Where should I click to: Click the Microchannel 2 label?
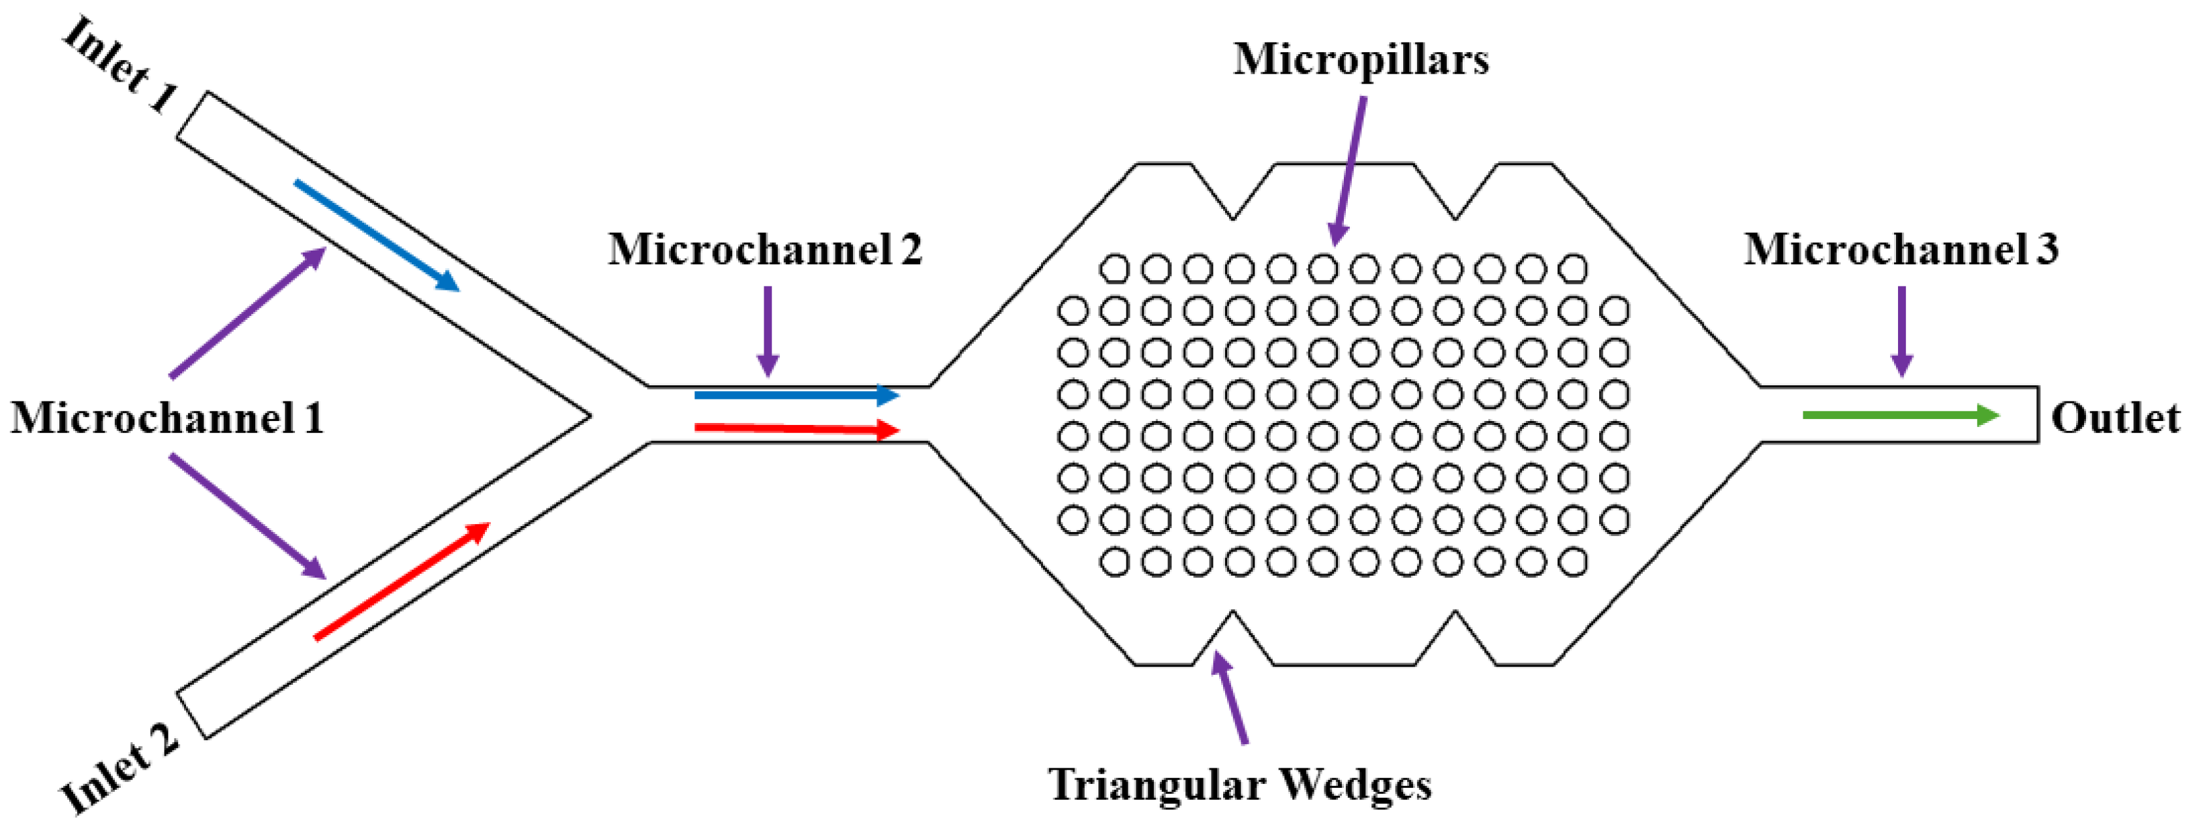pos(764,249)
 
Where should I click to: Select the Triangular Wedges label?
pos(1239,784)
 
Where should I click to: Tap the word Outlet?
pos(2115,418)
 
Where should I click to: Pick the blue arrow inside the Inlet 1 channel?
pos(377,235)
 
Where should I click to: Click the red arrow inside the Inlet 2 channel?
pos(403,580)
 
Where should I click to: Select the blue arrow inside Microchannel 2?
pos(796,395)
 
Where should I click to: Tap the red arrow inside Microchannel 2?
pos(796,428)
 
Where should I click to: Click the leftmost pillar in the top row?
pos(1114,269)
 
